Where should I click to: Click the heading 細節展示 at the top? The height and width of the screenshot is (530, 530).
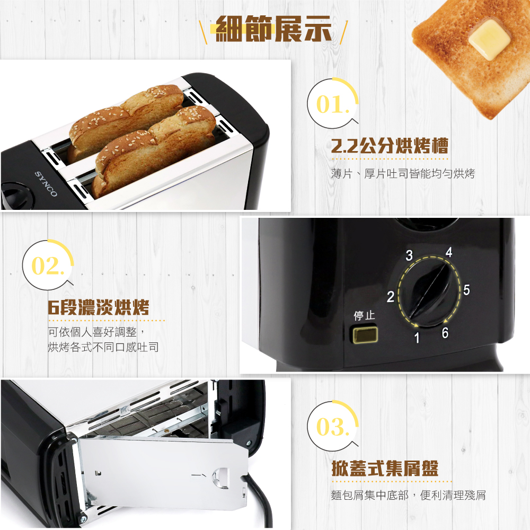click(273, 29)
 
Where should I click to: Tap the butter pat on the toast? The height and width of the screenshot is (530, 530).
click(489, 40)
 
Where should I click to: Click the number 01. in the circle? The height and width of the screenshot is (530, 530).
click(332, 104)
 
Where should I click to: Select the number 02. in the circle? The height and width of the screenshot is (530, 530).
click(47, 266)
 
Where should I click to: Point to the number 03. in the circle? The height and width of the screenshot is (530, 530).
click(332, 427)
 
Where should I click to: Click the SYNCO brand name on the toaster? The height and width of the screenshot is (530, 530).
click(46, 184)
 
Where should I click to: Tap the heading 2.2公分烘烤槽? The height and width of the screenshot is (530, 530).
click(390, 146)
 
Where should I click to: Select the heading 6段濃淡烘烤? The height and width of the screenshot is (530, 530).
click(98, 307)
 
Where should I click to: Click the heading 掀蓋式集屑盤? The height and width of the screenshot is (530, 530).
click(385, 469)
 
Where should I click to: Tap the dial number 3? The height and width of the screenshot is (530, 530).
click(409, 255)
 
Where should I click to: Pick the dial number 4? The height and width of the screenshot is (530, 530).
click(449, 252)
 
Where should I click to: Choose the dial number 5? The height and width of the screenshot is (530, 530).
click(466, 290)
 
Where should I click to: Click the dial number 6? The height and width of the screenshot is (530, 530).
click(445, 333)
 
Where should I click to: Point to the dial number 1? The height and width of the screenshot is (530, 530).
click(417, 337)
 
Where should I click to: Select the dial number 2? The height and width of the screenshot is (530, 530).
click(391, 297)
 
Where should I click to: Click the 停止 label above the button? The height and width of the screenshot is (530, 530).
click(365, 315)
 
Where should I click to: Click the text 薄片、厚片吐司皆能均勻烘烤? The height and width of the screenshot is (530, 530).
click(403, 174)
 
